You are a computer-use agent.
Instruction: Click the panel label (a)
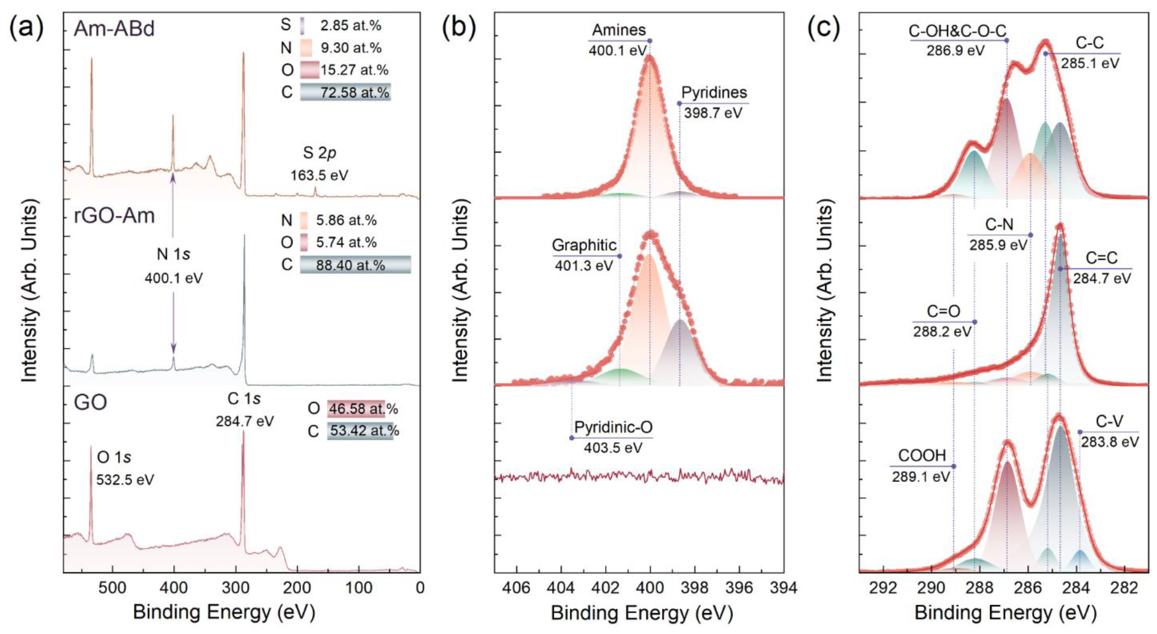click(x=26, y=28)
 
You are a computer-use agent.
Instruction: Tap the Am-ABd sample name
click(x=114, y=29)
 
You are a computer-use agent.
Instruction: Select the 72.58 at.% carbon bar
click(x=345, y=92)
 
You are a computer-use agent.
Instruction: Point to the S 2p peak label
click(x=319, y=153)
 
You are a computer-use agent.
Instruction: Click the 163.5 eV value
click(x=319, y=175)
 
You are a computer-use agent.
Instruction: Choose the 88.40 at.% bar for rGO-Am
click(x=355, y=265)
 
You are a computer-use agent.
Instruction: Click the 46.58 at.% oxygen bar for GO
click(x=356, y=409)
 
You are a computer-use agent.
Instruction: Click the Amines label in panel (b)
click(x=619, y=30)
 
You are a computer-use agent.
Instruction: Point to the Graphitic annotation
click(x=584, y=245)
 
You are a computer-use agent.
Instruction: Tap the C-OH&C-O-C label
click(x=957, y=31)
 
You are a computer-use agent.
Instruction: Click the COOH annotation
click(x=922, y=456)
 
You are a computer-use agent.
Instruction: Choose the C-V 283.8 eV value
click(x=1110, y=442)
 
